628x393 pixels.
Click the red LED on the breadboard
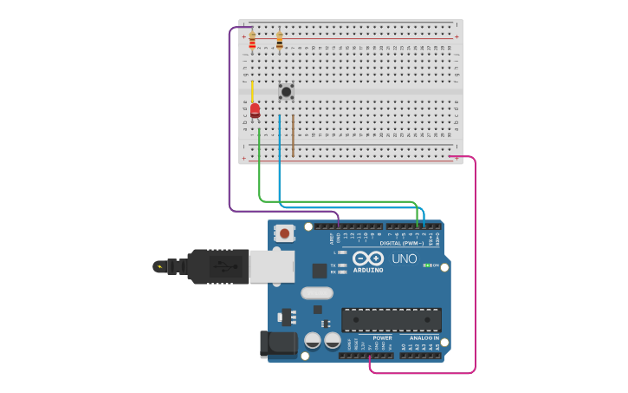(255, 109)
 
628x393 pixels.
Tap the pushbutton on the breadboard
(286, 91)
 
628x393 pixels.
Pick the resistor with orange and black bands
(279, 41)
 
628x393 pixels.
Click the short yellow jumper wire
(252, 91)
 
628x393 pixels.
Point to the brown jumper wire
(293, 134)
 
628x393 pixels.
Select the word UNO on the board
(405, 259)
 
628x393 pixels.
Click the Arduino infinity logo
(368, 259)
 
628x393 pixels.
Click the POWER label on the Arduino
(382, 337)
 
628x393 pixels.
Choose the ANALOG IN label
(424, 337)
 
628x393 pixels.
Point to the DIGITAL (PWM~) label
(402, 243)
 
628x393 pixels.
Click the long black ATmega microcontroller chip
(391, 319)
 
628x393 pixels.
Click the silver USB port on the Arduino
(271, 266)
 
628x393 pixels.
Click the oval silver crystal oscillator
(317, 293)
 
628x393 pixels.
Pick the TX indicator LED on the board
(343, 265)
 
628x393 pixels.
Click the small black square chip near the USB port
(320, 270)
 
